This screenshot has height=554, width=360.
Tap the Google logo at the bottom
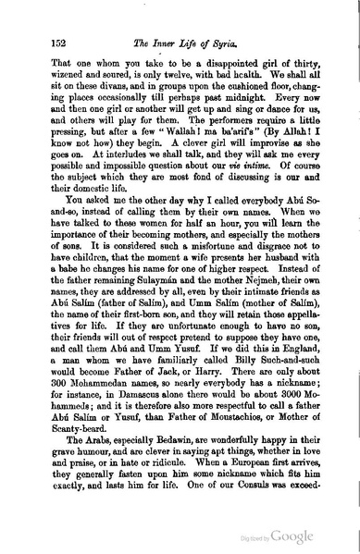point(305,539)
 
